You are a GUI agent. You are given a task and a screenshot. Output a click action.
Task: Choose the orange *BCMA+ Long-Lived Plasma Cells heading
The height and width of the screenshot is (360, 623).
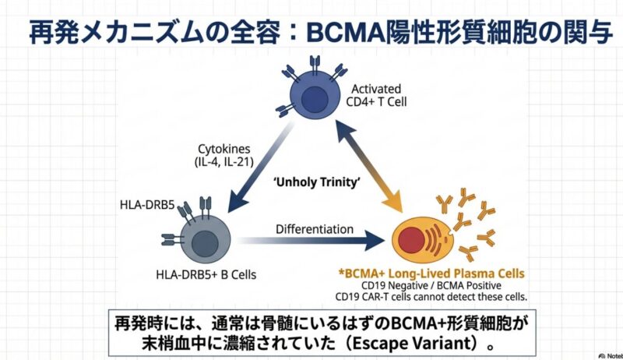tap(428, 274)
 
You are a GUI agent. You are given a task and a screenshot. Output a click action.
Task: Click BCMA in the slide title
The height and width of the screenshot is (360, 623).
tap(345, 32)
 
